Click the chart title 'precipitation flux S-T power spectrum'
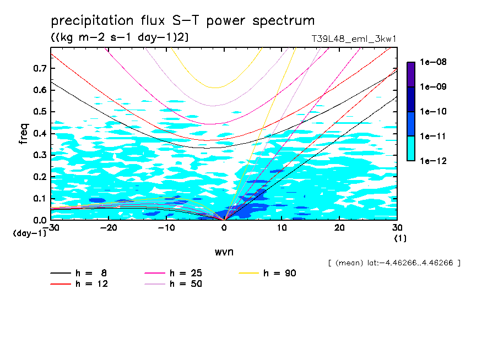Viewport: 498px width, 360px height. (x=182, y=21)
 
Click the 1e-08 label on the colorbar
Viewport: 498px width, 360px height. (x=433, y=62)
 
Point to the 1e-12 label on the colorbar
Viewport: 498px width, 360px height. (x=433, y=161)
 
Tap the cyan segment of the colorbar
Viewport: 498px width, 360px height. (x=410, y=148)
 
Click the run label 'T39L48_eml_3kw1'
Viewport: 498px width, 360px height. (x=354, y=39)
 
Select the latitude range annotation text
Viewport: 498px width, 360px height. (x=394, y=263)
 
